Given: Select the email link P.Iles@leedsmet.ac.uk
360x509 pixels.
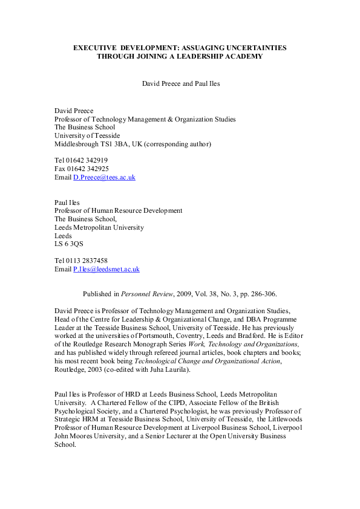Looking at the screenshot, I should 106,269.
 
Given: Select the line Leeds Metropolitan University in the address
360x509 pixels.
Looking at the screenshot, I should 99,227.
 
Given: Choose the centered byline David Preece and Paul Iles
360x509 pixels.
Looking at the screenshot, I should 180,83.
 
